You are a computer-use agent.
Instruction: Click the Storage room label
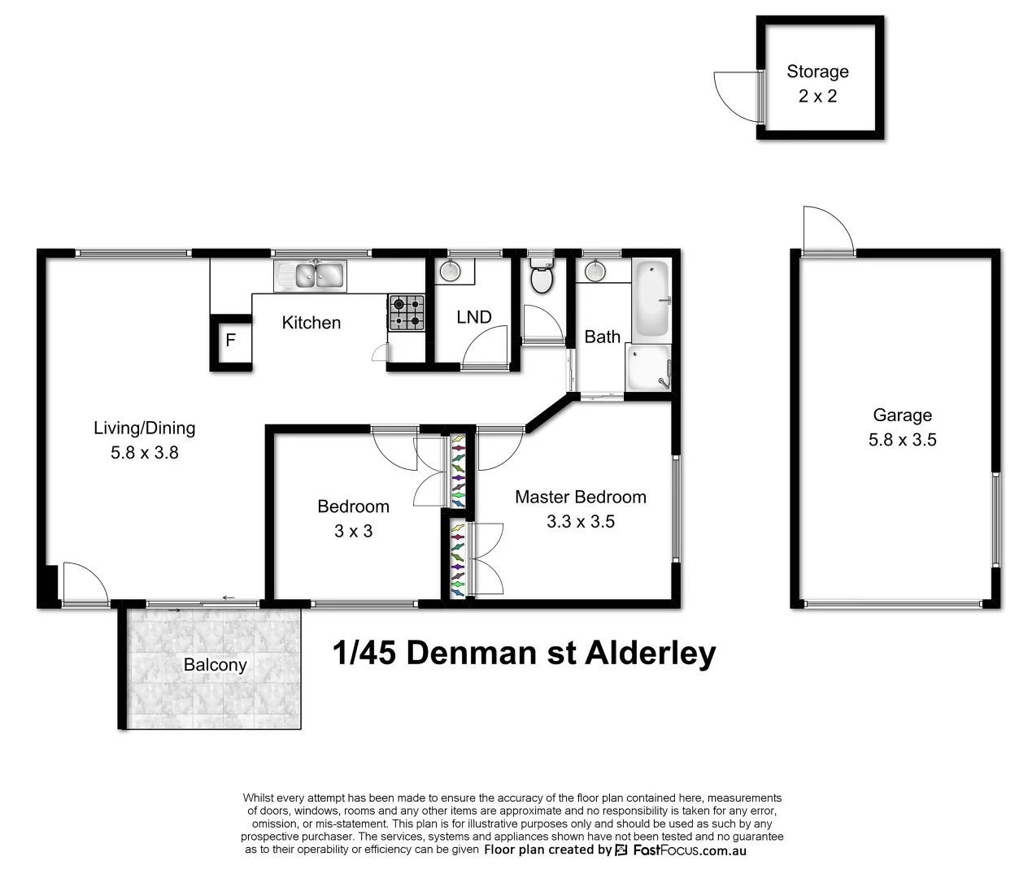[817, 72]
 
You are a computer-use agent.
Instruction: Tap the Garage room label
[902, 415]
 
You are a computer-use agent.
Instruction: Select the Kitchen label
[311, 323]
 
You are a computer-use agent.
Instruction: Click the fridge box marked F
[231, 340]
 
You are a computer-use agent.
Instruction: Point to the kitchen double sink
[311, 275]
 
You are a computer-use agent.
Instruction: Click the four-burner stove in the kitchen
[407, 312]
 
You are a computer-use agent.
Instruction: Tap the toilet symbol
[541, 278]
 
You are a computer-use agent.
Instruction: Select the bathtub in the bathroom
[651, 299]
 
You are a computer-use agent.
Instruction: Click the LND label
[473, 317]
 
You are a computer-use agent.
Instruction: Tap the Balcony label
[215, 665]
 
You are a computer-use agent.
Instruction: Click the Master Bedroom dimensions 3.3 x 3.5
[581, 522]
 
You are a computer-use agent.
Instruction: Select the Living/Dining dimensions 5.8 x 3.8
[145, 453]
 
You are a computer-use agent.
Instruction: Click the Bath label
[602, 337]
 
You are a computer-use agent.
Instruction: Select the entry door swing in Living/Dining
[84, 582]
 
